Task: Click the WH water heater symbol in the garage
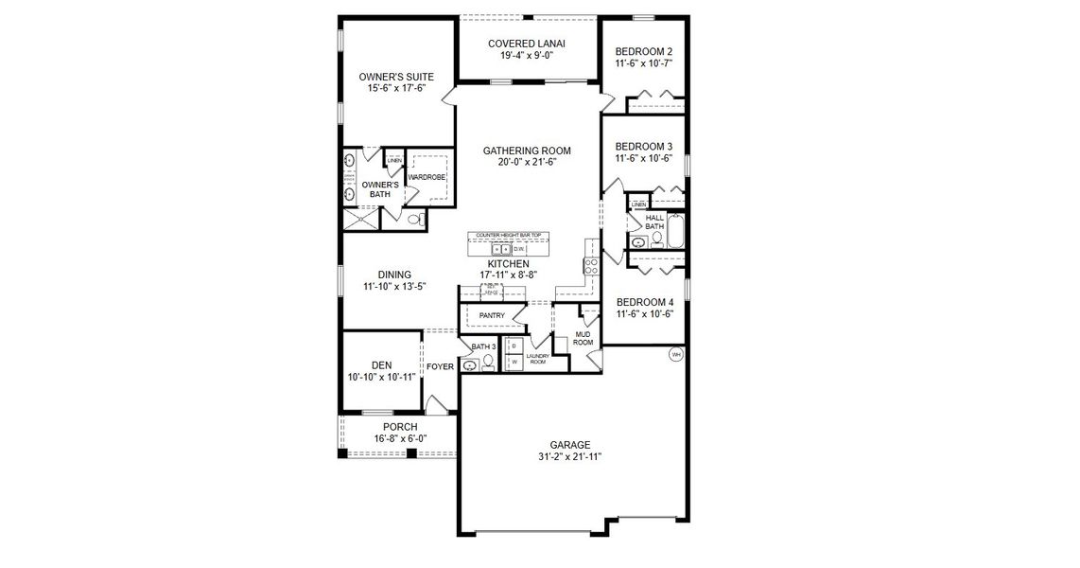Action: tap(675, 354)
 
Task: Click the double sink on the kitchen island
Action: tap(501, 248)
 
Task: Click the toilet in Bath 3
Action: tap(488, 361)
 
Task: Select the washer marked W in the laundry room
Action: tap(514, 362)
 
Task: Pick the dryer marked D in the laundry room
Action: tap(514, 346)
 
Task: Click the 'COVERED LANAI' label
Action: tap(527, 44)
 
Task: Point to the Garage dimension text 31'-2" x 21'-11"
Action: tap(570, 457)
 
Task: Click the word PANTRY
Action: tap(492, 315)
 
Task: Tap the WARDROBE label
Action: tap(427, 177)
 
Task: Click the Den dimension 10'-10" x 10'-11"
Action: tap(381, 378)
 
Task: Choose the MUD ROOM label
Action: tap(584, 338)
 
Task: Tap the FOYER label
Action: tap(440, 366)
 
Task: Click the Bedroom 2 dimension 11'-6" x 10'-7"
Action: tap(644, 64)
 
